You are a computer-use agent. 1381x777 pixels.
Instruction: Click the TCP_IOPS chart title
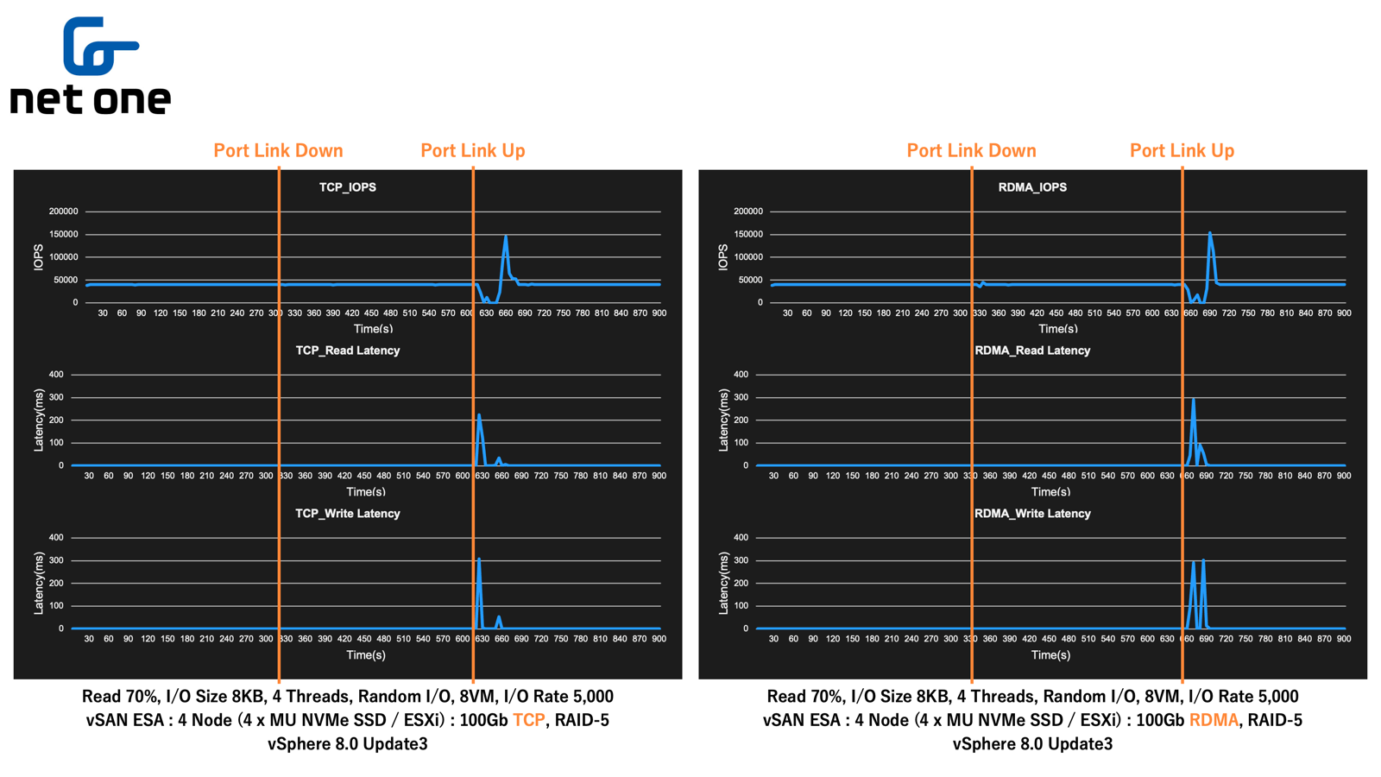348,187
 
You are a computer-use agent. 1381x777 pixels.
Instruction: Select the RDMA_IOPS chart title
1032,187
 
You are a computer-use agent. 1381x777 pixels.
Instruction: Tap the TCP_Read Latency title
348,351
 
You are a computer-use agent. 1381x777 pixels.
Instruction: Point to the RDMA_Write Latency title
1032,514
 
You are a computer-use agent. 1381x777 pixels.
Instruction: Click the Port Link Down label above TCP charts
278,151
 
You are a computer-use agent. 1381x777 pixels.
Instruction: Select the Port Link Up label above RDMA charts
1182,151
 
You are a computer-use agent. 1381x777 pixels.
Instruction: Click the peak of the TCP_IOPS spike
506,237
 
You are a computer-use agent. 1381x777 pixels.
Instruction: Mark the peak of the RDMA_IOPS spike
1210,232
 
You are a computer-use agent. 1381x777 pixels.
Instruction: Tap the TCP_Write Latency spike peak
479,559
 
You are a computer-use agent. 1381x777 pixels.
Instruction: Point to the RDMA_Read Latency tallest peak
1193,400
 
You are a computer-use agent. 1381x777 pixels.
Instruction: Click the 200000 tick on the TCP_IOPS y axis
64,212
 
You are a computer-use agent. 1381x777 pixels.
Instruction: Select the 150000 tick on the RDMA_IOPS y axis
748,235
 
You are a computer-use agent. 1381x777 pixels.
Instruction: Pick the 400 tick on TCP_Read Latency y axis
56,375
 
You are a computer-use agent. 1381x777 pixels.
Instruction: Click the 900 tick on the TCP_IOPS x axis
659,313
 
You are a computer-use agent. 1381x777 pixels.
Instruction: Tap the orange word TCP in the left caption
529,720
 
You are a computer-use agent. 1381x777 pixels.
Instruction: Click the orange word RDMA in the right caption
1214,720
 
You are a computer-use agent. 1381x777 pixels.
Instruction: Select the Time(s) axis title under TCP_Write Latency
366,655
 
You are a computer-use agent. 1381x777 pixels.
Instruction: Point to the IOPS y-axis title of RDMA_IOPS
723,257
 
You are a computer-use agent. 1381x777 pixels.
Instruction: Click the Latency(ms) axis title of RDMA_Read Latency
723,420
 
